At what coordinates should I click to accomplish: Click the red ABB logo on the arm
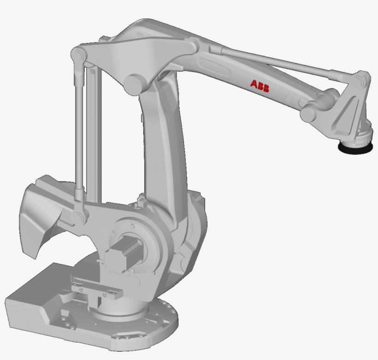(x=260, y=85)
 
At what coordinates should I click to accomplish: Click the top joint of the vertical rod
(x=79, y=55)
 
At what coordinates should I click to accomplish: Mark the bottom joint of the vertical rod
(x=80, y=215)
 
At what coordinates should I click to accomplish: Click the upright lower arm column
(x=161, y=148)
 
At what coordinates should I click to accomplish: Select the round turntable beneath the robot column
(x=138, y=318)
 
